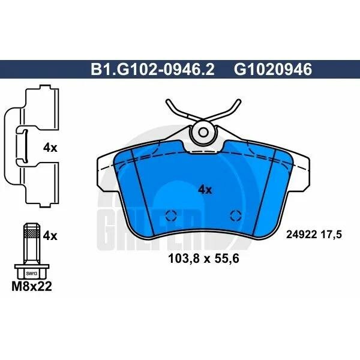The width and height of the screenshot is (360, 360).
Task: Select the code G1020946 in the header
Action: coord(274,71)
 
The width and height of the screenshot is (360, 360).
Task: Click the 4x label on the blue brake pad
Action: coord(205,190)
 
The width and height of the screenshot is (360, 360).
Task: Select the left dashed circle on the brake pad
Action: coord(172,217)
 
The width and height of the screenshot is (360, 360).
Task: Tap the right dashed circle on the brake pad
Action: coord(236,217)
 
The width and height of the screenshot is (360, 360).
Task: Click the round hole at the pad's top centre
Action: coord(203,131)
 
